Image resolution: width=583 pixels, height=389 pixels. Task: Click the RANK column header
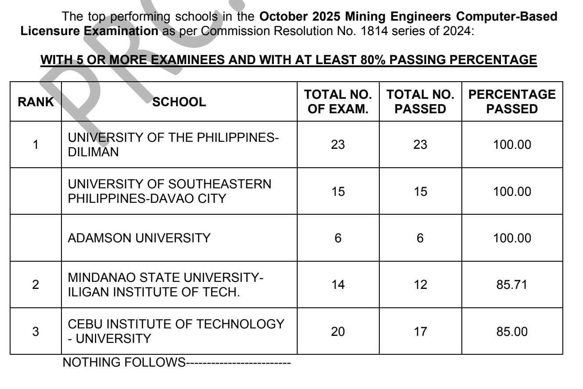tap(35, 102)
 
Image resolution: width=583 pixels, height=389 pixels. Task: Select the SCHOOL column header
tap(180, 102)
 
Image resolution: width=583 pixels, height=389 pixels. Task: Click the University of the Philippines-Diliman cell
tap(173, 145)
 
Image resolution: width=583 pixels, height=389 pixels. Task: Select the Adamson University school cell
tap(139, 238)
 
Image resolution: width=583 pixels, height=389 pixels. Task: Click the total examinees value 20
tap(338, 331)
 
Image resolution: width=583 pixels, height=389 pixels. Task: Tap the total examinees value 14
tap(338, 285)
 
